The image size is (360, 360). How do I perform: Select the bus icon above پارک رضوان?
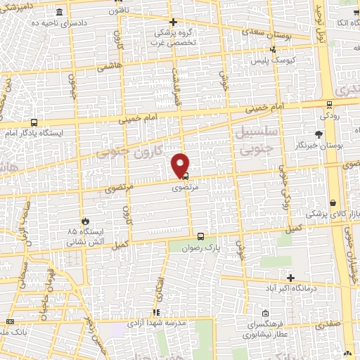[201, 237]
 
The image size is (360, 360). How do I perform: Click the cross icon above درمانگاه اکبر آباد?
[290, 278]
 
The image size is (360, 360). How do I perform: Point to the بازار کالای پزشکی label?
[335, 213]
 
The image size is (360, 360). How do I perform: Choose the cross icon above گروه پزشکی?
[174, 22]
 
